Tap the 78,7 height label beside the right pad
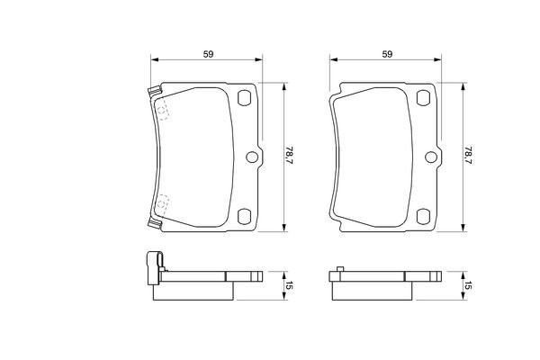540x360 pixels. pyautogui.click(x=469, y=157)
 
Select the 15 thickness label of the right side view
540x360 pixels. pyautogui.click(x=469, y=285)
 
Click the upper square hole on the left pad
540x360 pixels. pyautogui.click(x=243, y=100)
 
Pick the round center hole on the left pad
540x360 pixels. pyautogui.click(x=252, y=157)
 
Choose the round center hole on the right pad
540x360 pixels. pyautogui.click(x=430, y=157)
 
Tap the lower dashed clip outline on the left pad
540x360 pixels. pyautogui.click(x=162, y=206)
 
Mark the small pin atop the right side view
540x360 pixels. pyautogui.click(x=338, y=267)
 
